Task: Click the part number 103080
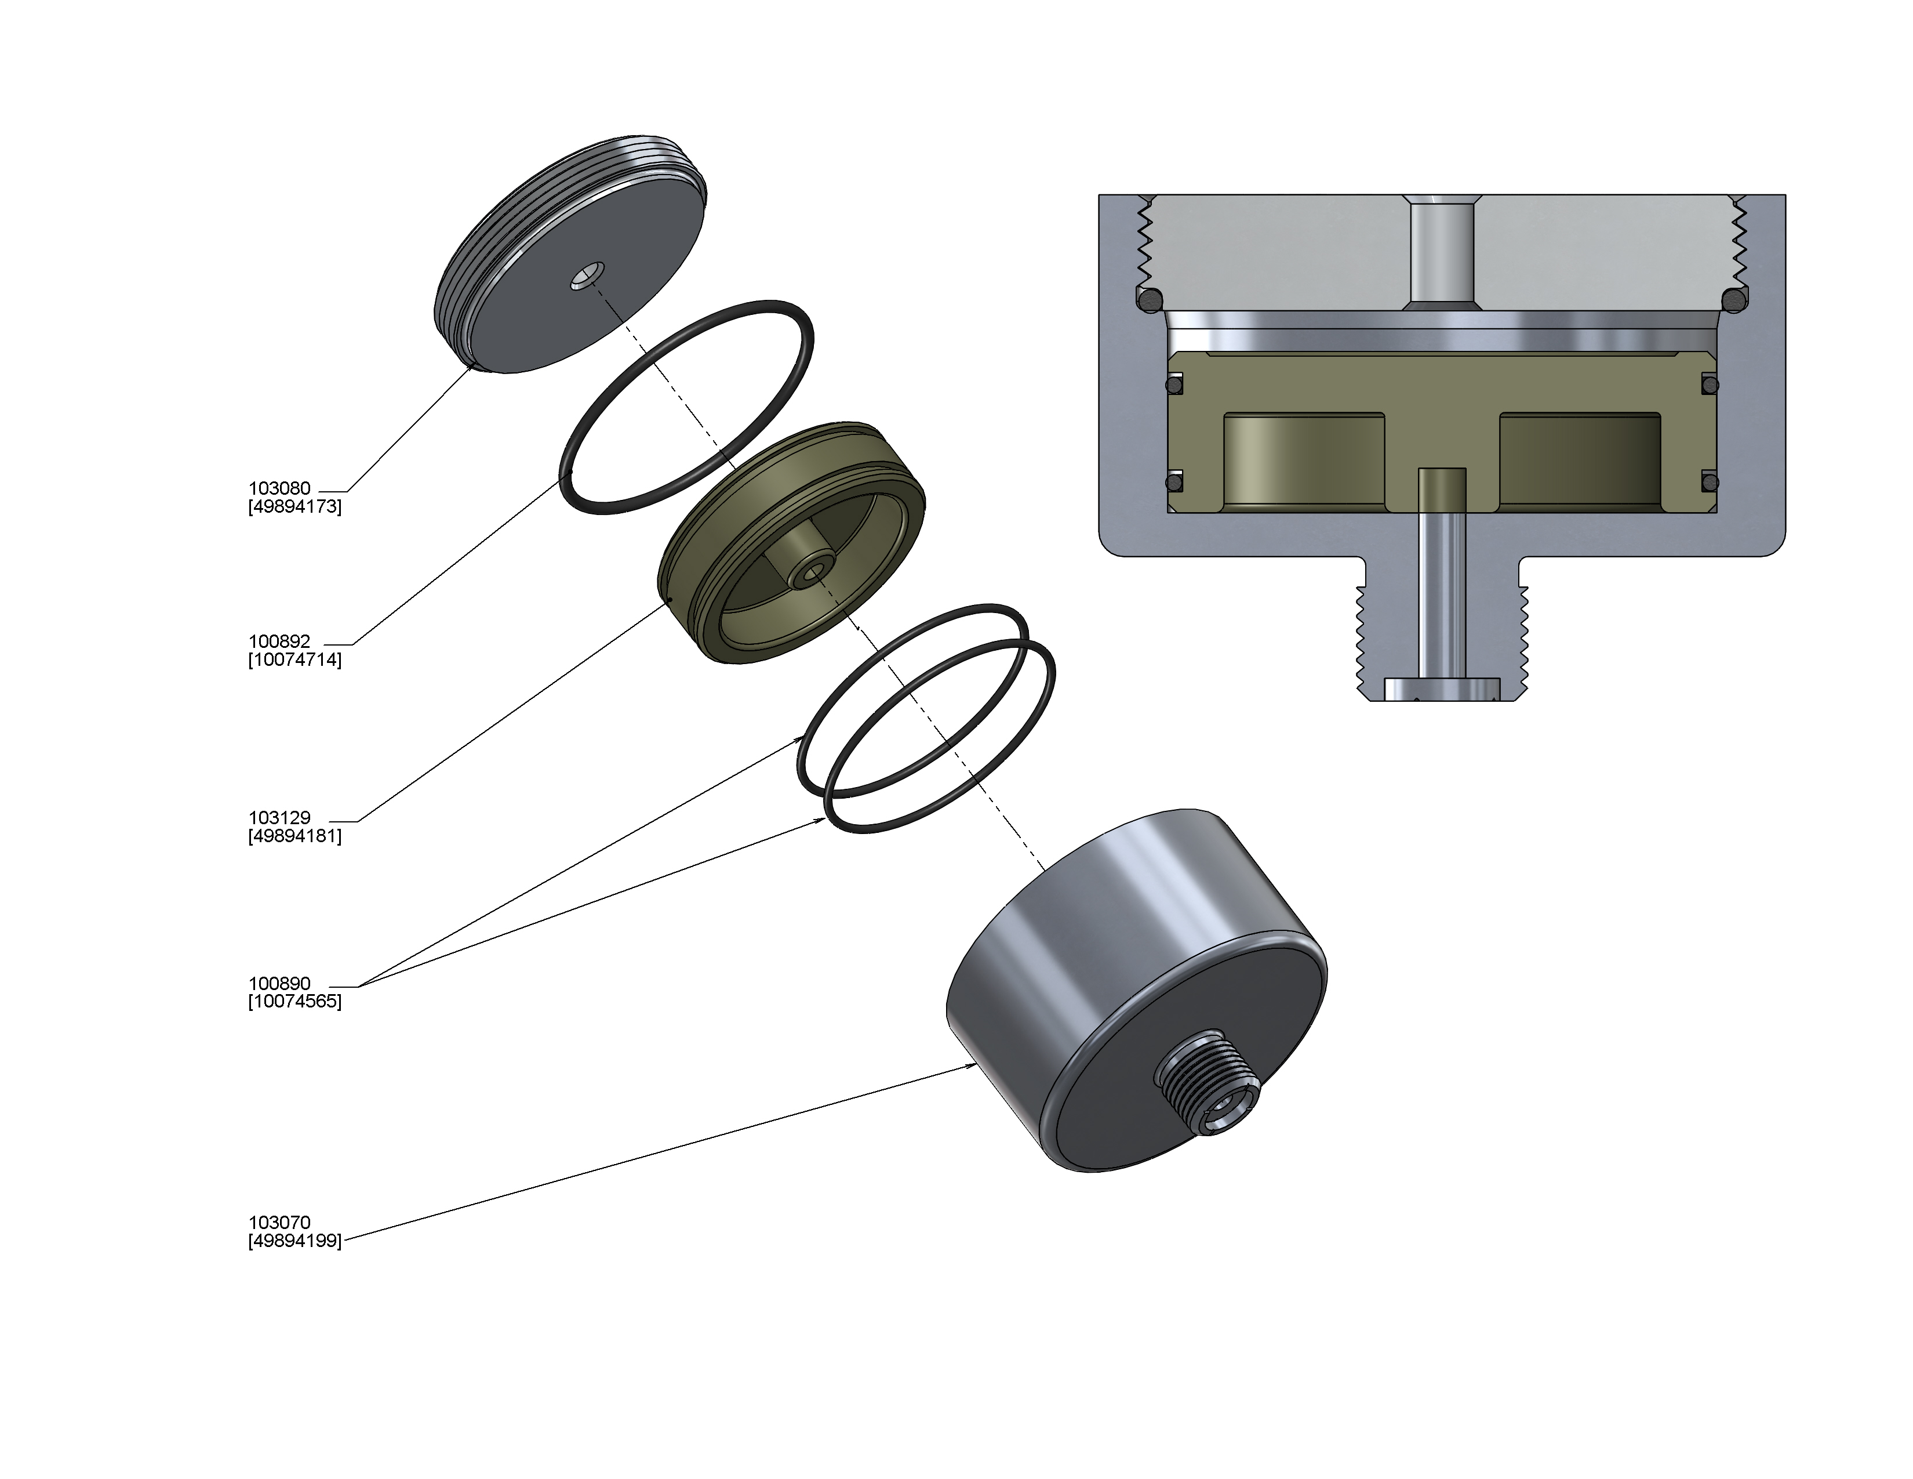click(279, 489)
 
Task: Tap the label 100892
click(279, 641)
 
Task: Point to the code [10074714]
click(295, 660)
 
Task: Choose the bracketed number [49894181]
click(295, 836)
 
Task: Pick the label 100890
click(279, 983)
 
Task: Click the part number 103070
click(279, 1222)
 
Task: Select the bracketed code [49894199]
click(295, 1241)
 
